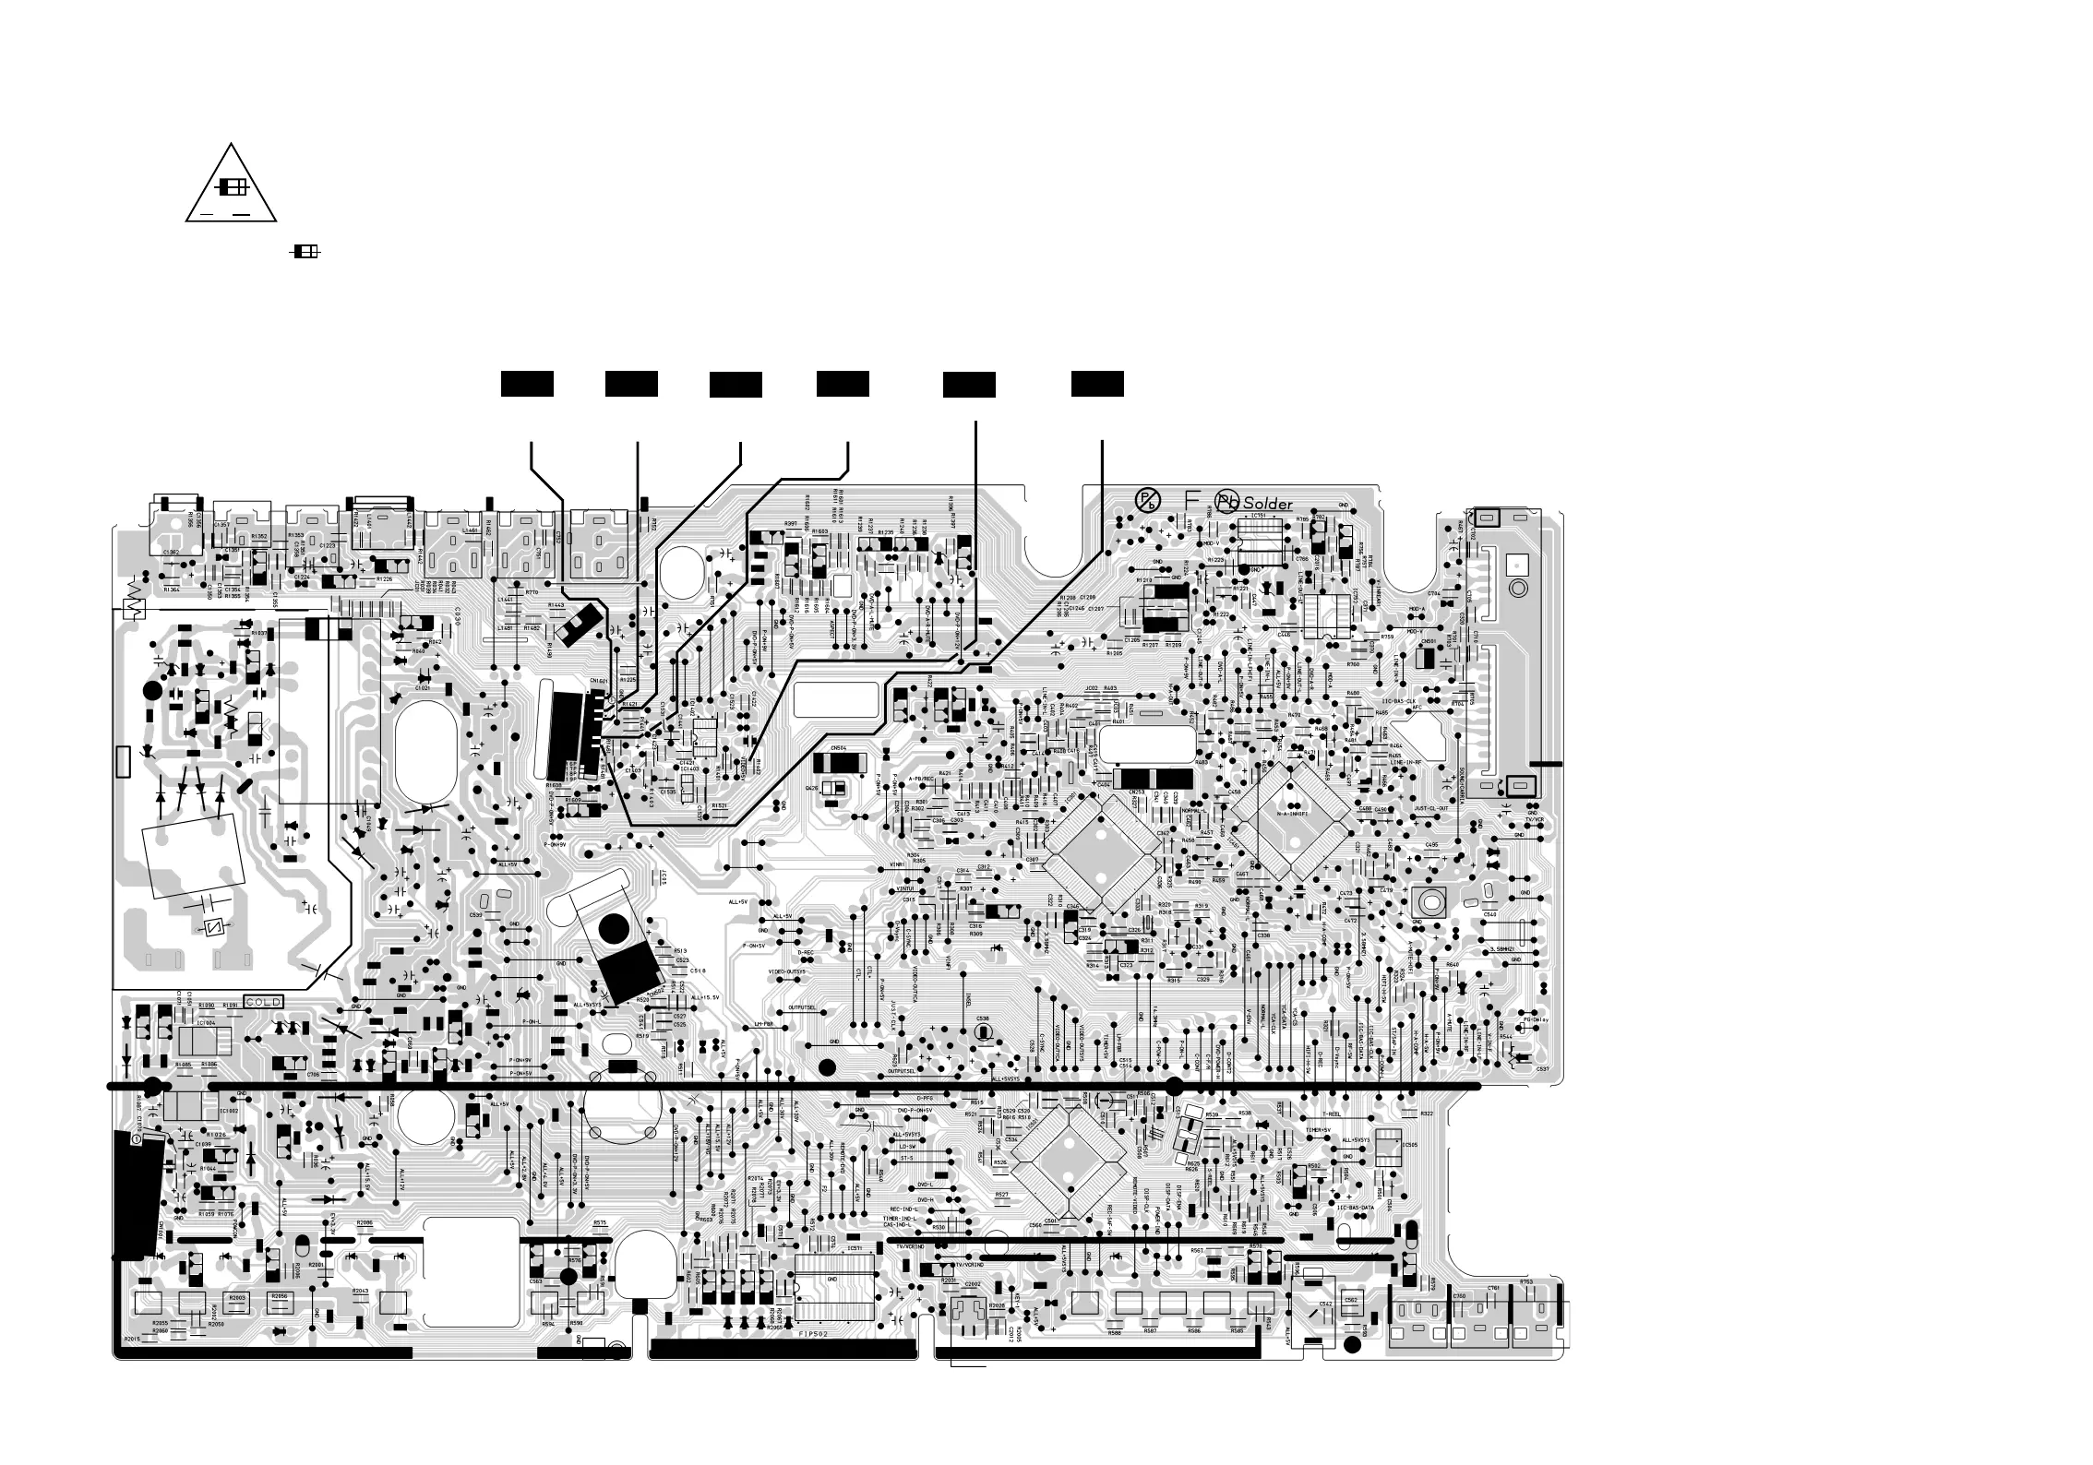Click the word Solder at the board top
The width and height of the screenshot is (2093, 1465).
[x=1268, y=504]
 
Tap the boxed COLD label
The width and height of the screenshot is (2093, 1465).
[x=263, y=1002]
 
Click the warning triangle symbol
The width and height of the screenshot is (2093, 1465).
[x=231, y=185]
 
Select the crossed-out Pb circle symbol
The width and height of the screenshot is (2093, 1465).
[x=1147, y=501]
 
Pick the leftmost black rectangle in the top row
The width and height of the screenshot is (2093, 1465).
[x=527, y=385]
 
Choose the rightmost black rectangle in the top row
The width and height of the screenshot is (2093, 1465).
[x=1097, y=385]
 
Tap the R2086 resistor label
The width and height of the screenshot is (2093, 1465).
[x=365, y=1222]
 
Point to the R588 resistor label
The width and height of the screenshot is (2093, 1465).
[x=1114, y=1332]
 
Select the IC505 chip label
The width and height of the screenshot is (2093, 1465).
[x=1409, y=1145]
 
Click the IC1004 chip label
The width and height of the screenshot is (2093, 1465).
[x=206, y=1022]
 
